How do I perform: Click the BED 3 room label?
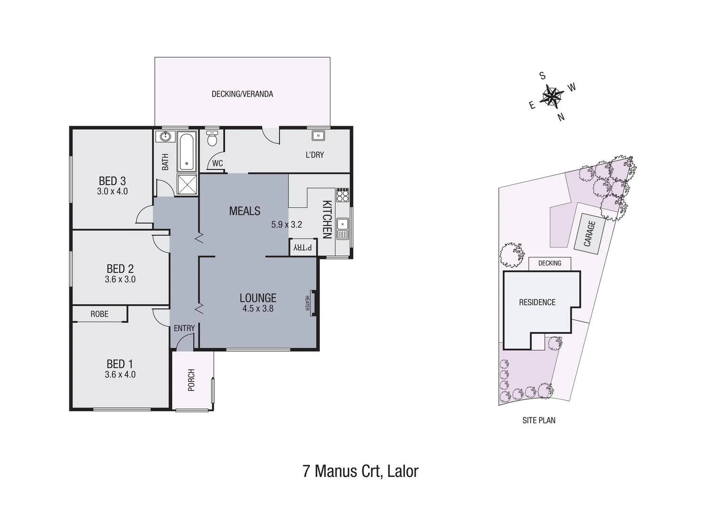112,181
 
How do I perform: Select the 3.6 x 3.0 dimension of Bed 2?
120,280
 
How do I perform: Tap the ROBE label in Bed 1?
99,314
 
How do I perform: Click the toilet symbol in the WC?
212,139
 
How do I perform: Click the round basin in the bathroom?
165,137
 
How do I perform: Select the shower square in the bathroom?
187,184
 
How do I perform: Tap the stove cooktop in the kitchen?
343,195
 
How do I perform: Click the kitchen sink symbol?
343,229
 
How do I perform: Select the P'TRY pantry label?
303,247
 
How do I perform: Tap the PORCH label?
192,380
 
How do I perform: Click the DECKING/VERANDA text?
242,94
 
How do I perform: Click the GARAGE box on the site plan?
588,234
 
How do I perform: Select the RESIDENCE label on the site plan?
537,302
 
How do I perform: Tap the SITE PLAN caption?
538,420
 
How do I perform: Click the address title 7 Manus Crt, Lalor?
360,471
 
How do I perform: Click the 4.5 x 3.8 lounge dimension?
258,309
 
